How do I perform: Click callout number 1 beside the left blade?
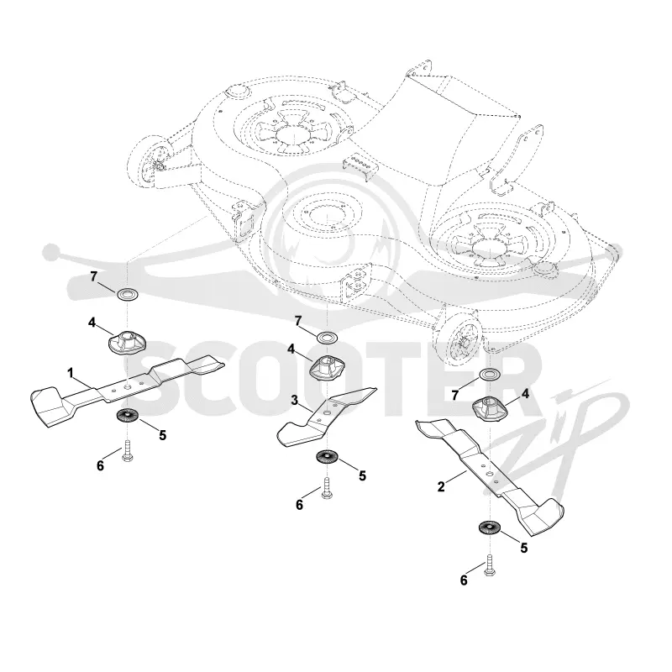pyautogui.click(x=71, y=372)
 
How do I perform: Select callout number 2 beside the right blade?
pyautogui.click(x=442, y=486)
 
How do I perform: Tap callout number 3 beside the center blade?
pyautogui.click(x=295, y=401)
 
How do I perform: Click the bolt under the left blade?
pyautogui.click(x=128, y=451)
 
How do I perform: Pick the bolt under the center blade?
pyautogui.click(x=326, y=488)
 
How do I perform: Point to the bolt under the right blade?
pyautogui.click(x=490, y=565)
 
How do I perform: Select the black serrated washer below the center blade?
pyautogui.click(x=327, y=456)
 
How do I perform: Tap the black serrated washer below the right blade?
pyautogui.click(x=489, y=528)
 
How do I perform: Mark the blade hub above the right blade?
pyautogui.click(x=489, y=409)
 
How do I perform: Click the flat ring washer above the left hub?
pyautogui.click(x=127, y=295)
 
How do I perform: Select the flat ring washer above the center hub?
pyautogui.click(x=328, y=337)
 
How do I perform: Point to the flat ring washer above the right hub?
pyautogui.click(x=489, y=374)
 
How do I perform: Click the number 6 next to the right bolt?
pyautogui.click(x=464, y=580)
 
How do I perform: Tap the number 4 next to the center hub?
pyautogui.click(x=291, y=349)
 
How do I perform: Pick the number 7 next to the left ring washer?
pyautogui.click(x=94, y=276)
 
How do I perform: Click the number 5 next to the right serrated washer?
pyautogui.click(x=523, y=548)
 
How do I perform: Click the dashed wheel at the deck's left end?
pyautogui.click(x=151, y=163)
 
